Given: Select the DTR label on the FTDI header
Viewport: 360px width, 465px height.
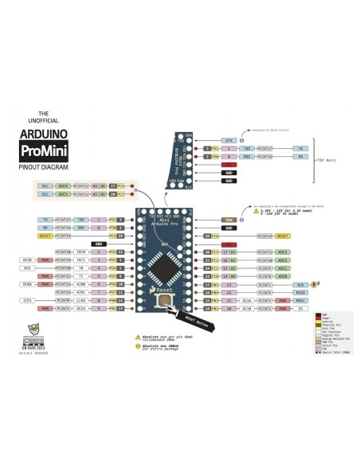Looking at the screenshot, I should click(226, 140).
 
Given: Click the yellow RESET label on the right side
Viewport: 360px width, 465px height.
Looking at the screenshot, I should click(283, 236).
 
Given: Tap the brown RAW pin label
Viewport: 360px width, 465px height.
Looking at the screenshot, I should click(229, 220).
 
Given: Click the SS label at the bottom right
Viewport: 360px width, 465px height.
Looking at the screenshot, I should click(299, 308).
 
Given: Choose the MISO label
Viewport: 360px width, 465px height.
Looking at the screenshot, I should click(299, 292).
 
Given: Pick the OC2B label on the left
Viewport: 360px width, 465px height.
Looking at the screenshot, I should click(27, 260).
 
